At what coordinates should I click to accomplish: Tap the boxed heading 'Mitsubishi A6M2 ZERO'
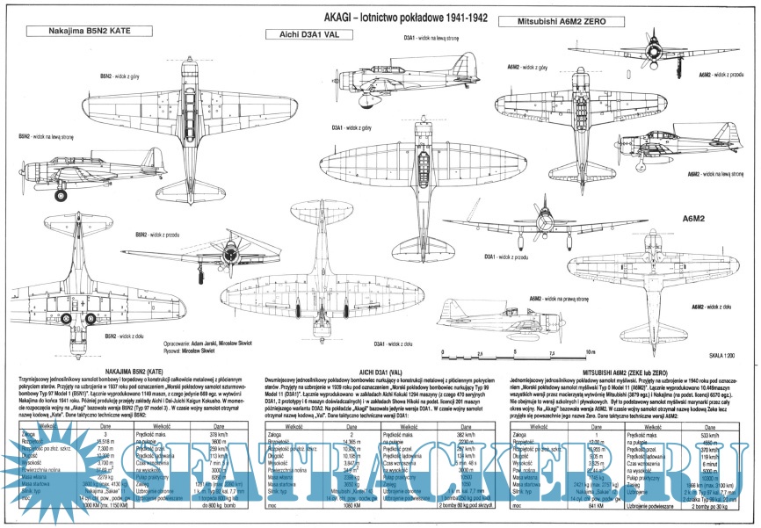click(x=553, y=19)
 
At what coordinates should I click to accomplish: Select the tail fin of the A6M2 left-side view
click(x=734, y=141)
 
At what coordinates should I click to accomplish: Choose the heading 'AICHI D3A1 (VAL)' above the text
click(x=376, y=372)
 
